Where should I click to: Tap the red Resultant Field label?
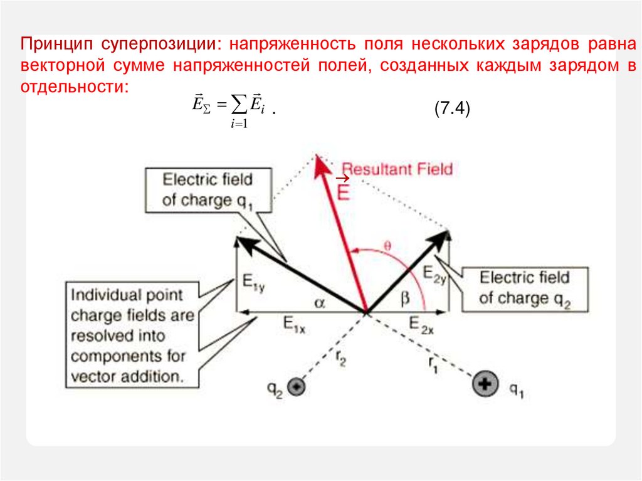coord(397,169)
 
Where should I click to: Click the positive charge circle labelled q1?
coord(485,384)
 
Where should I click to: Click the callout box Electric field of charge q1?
coord(208,189)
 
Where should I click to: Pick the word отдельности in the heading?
coord(73,86)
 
